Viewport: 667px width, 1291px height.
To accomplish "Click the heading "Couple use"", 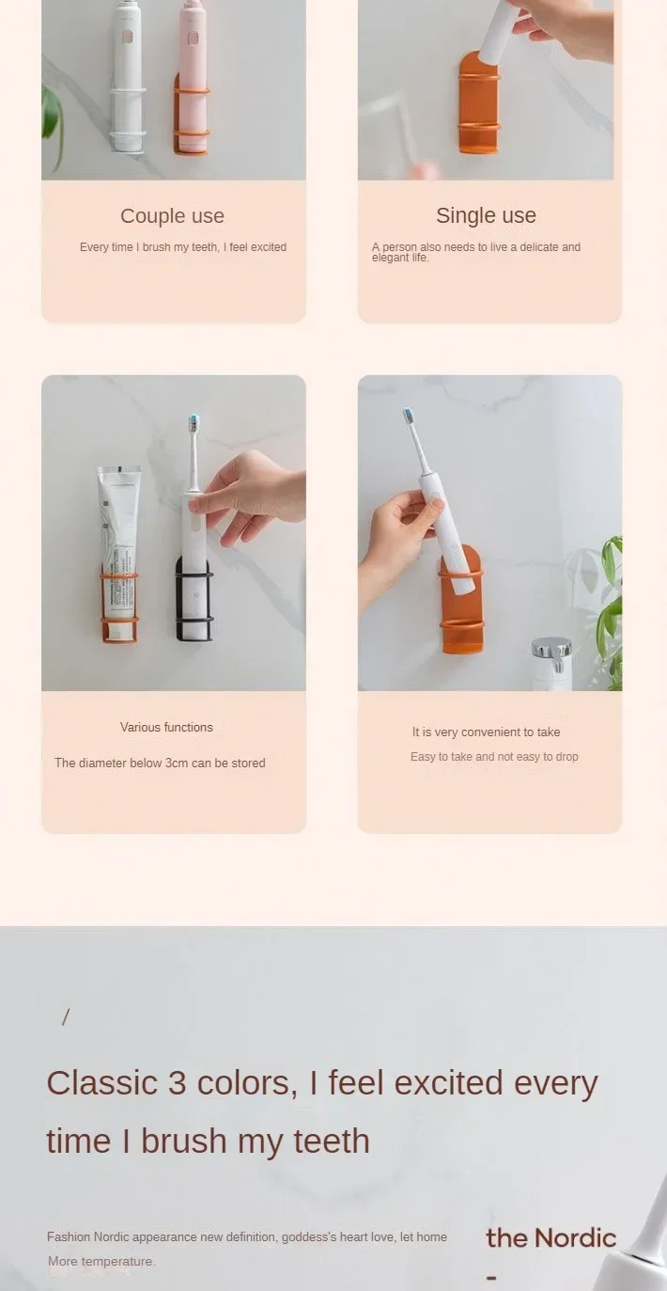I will (172, 216).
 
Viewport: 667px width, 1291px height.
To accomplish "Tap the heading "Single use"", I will (486, 215).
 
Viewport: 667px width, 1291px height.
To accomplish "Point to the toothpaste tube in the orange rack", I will (119, 545).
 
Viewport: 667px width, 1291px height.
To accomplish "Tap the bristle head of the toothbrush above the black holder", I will (194, 421).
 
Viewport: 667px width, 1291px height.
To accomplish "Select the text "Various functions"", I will (166, 727).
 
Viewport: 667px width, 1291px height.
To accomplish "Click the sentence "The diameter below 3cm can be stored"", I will (160, 763).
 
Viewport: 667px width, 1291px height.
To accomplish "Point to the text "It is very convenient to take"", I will (486, 732).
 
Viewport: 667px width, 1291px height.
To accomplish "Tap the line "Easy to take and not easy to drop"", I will (494, 757).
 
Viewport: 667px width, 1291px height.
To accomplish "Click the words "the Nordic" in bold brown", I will (551, 1237).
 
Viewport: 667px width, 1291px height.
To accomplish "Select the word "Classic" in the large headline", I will (101, 1083).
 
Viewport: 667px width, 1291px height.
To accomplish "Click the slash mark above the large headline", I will (65, 1016).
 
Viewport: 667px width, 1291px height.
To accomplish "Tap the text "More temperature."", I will (101, 1261).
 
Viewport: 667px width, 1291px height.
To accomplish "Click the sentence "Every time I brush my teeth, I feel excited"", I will (183, 247).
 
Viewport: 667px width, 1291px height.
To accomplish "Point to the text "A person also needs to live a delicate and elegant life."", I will (475, 252).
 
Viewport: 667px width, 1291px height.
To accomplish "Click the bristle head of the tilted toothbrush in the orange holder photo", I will (408, 415).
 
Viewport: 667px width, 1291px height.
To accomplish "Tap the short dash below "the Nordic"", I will (491, 1277).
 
